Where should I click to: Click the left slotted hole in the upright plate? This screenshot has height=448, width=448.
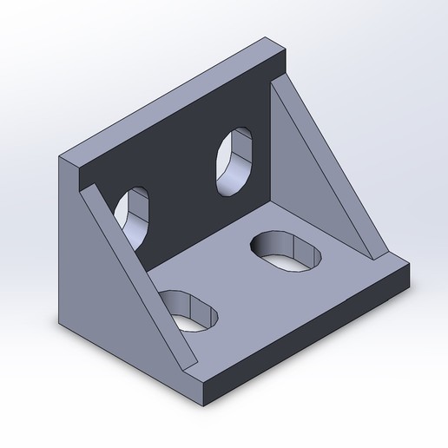click(x=135, y=215)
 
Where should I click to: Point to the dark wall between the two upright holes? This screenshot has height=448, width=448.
click(x=182, y=182)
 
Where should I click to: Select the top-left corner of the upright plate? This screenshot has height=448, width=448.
click(x=61, y=156)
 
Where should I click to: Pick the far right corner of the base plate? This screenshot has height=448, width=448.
click(x=410, y=267)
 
